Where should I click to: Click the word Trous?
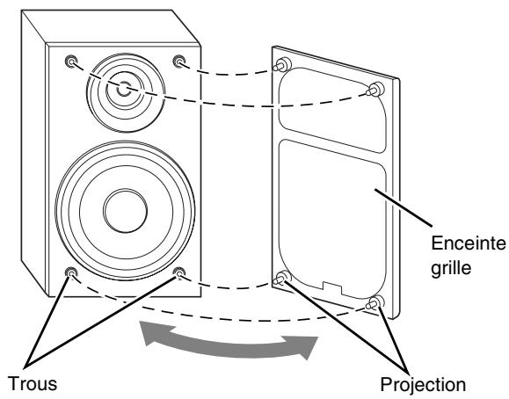[33, 383]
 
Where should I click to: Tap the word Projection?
[423, 385]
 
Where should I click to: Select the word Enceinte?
[469, 243]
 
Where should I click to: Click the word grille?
[451, 268]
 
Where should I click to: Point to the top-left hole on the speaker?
[71, 61]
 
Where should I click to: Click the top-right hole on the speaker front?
[178, 61]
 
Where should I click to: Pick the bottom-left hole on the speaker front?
[71, 272]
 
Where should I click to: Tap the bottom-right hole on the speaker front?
[178, 272]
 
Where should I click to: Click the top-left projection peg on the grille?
[281, 64]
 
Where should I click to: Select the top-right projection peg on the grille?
[374, 90]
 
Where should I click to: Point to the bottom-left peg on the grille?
[280, 278]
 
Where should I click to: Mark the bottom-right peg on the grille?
[374, 302]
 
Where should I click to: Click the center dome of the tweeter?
[124, 89]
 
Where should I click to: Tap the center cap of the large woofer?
[126, 210]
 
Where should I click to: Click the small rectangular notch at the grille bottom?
[332, 287]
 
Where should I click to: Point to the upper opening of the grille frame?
[332, 109]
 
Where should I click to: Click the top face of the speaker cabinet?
[111, 26]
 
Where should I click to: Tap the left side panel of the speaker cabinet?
[35, 153]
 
